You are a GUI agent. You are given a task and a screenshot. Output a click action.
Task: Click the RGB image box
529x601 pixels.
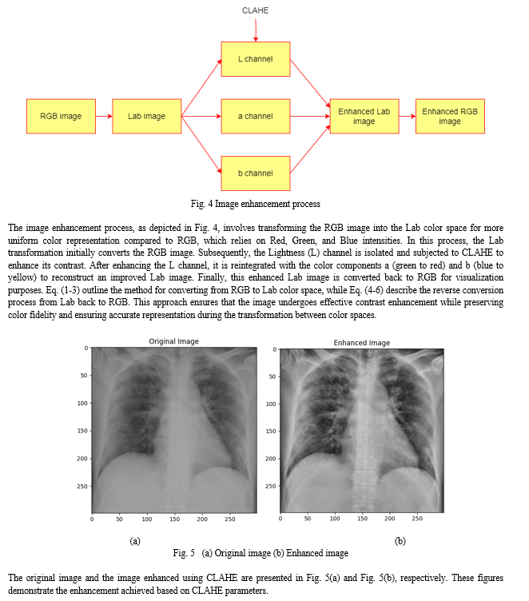click(x=61, y=116)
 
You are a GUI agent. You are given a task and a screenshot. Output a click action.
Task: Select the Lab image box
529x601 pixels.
click(x=147, y=116)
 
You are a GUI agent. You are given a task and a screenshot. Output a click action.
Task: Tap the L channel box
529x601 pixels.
click(x=256, y=59)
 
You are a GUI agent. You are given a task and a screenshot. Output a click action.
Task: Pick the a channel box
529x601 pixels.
click(x=256, y=116)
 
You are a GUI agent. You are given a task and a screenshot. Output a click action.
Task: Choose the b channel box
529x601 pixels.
click(x=256, y=173)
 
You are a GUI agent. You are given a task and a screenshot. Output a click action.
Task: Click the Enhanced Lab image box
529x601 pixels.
click(x=364, y=116)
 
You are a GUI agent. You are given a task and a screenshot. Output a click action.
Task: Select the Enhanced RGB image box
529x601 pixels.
click(x=450, y=116)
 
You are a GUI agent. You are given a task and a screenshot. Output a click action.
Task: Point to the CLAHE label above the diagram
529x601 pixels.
click(x=255, y=10)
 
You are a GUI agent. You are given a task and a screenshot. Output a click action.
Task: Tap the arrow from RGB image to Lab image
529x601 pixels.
click(x=104, y=116)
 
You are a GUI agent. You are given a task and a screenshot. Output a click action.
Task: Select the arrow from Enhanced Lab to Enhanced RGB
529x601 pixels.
click(x=408, y=116)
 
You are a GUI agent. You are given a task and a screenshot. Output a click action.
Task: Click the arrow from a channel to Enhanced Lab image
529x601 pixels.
click(x=310, y=116)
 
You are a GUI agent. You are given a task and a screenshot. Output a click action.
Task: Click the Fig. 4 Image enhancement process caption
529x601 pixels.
click(x=256, y=204)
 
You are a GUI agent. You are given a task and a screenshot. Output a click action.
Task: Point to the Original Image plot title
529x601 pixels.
click(x=174, y=341)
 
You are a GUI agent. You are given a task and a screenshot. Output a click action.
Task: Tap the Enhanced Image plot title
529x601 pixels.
click(x=362, y=343)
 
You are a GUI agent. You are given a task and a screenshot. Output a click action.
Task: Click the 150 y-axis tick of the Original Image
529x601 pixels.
click(x=82, y=431)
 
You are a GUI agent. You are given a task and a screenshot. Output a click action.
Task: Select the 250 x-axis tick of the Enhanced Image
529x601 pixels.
click(x=417, y=519)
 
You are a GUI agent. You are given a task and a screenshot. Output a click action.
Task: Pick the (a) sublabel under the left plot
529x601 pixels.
click(x=135, y=541)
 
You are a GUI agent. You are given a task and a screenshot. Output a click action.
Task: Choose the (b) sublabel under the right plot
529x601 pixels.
click(x=400, y=541)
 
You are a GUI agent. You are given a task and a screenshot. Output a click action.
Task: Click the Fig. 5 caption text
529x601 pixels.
click(x=261, y=553)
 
